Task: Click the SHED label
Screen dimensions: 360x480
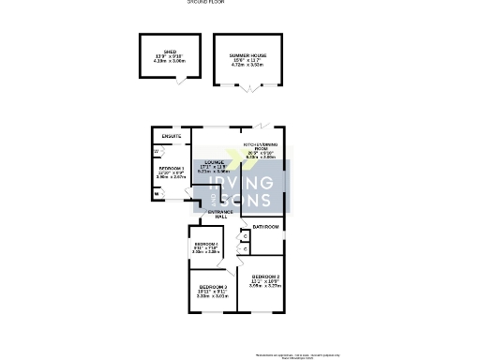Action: (x=170, y=52)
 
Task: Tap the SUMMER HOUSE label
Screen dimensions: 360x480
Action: (x=248, y=55)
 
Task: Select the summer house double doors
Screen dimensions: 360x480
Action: (x=249, y=92)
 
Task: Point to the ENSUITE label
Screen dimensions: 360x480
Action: (x=172, y=137)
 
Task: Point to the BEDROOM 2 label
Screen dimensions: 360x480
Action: (x=265, y=277)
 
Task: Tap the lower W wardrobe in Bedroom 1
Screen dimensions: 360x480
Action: (x=156, y=194)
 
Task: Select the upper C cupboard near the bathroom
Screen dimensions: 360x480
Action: (x=244, y=235)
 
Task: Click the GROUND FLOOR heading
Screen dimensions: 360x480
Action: (x=205, y=2)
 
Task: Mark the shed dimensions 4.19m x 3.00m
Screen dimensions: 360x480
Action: (x=170, y=62)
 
